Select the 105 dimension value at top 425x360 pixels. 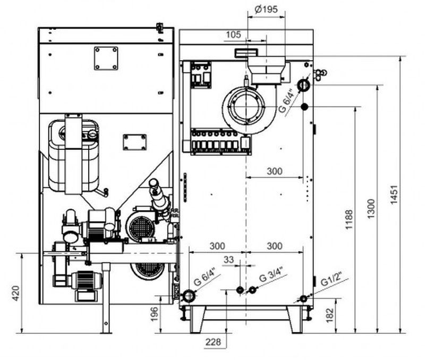click(233, 35)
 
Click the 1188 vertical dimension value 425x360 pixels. click(348, 220)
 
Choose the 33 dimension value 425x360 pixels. click(229, 259)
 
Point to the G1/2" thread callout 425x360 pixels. click(333, 280)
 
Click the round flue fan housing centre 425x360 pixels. click(245, 108)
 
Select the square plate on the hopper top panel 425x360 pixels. click(106, 58)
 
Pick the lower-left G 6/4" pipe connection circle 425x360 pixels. click(189, 296)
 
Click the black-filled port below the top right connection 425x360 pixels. click(304, 107)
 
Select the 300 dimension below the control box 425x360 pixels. click(274, 171)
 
